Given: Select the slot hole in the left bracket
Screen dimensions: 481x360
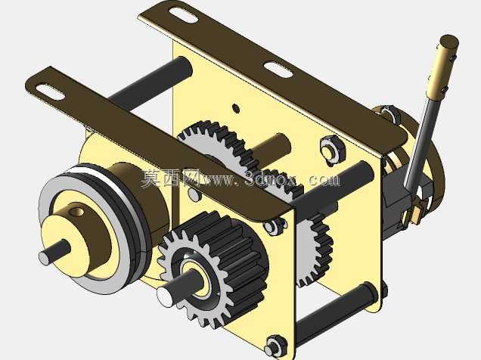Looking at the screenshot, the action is click(x=51, y=92).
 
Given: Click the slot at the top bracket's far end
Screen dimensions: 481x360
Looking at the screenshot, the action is click(x=183, y=14).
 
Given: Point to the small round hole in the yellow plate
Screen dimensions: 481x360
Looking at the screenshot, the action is click(x=236, y=108).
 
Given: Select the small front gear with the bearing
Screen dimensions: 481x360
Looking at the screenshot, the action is click(x=212, y=270).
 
